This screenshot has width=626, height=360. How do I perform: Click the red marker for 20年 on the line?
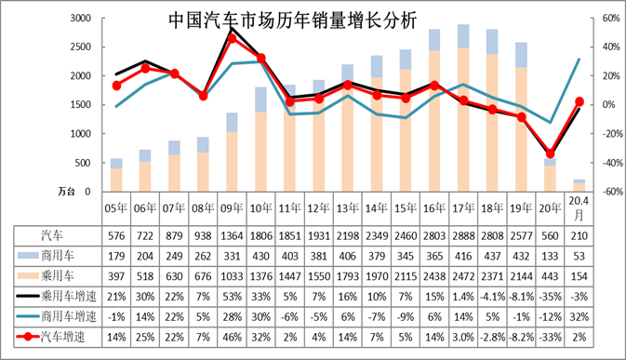pos(551,153)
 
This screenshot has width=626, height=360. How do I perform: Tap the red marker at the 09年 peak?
pos(232,38)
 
